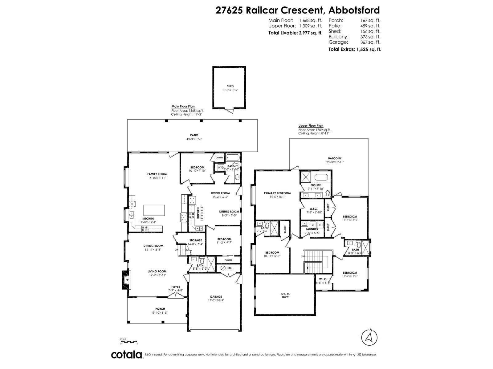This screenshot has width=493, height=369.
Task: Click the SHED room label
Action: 230,86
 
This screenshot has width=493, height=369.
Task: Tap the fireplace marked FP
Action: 126,280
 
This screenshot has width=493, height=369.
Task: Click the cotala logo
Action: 127,355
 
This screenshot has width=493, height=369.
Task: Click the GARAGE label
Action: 216,297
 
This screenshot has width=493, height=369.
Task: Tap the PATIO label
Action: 194,135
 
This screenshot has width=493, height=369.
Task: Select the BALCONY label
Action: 335,158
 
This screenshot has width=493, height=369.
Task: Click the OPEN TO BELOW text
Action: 285,296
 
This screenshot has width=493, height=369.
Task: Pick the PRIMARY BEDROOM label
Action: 277,193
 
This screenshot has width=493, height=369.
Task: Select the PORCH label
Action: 160,309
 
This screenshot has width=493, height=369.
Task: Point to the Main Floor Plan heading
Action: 183,106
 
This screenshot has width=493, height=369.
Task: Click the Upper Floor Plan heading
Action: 311,126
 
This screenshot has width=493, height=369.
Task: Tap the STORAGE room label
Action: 195,240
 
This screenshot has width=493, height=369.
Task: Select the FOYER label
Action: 176,287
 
